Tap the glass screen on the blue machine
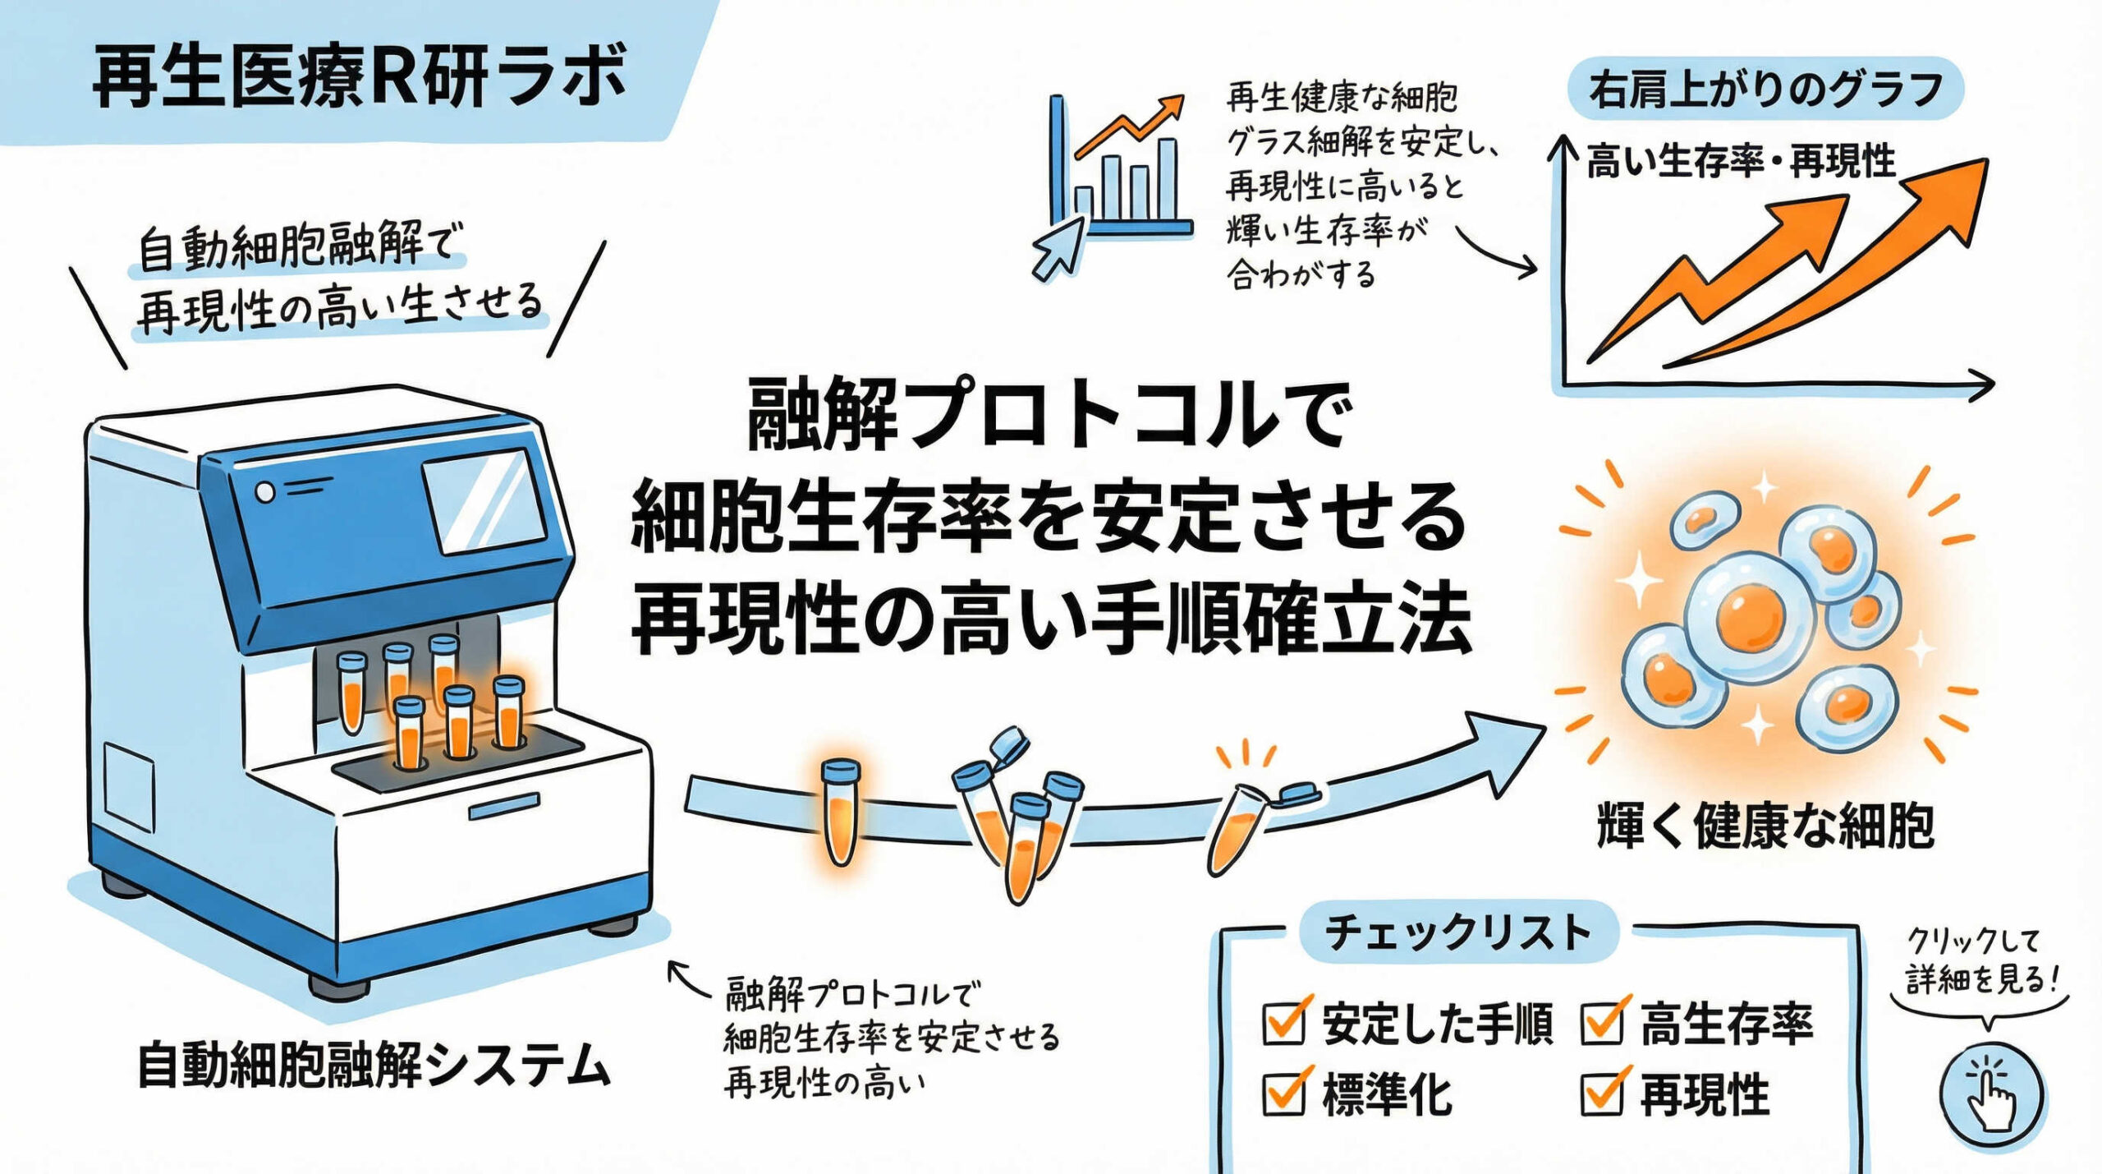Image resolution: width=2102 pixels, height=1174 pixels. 484,500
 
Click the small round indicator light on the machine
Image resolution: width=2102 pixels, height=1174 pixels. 265,492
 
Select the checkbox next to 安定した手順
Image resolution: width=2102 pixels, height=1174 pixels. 1283,1022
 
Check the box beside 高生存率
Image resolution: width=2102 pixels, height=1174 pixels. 1601,1022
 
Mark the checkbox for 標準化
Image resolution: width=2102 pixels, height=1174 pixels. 1283,1093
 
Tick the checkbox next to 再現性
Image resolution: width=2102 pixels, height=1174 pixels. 1601,1093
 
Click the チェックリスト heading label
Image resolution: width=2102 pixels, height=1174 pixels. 1458,932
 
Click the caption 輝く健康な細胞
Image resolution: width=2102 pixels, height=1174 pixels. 1765,826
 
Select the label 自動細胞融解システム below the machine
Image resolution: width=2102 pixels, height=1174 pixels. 374,1065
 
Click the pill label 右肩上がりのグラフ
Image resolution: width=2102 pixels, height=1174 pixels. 1765,89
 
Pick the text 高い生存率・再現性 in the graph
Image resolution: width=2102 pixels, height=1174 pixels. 1741,161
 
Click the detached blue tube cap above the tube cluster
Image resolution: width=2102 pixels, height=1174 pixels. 1011,743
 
